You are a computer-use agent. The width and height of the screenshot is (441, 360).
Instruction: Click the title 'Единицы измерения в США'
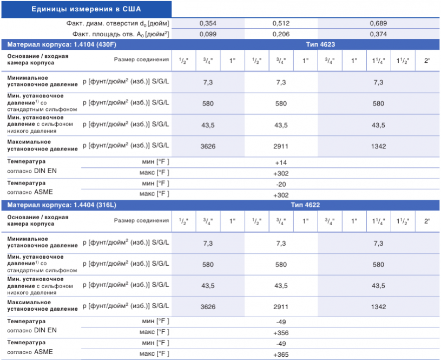(x=86, y=9)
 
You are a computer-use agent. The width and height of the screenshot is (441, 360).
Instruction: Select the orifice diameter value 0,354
(x=208, y=23)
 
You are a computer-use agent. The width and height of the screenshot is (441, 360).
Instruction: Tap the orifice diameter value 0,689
(x=378, y=23)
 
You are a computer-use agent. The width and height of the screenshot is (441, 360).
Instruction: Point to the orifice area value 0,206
(x=281, y=34)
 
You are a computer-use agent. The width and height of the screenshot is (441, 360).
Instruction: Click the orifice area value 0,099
(x=208, y=34)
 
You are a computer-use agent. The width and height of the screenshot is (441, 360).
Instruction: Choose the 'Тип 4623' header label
(x=320, y=44)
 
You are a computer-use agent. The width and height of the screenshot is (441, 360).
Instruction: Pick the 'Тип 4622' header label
(x=305, y=205)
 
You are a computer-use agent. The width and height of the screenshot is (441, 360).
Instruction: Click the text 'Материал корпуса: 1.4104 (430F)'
(x=62, y=44)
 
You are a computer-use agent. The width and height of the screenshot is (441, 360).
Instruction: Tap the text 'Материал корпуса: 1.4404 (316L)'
(x=62, y=205)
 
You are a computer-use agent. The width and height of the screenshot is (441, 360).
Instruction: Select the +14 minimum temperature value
(x=281, y=163)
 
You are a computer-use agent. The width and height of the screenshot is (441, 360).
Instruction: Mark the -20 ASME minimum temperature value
(x=281, y=185)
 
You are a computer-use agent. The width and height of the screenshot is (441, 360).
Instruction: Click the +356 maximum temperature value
(x=281, y=333)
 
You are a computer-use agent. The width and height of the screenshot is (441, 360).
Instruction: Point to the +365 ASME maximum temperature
(x=281, y=355)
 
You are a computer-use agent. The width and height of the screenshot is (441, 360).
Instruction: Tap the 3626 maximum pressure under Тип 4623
(x=208, y=146)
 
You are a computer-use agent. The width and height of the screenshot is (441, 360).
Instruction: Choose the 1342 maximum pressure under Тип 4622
(x=378, y=307)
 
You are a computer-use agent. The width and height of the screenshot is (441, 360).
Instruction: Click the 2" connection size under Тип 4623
(x=427, y=61)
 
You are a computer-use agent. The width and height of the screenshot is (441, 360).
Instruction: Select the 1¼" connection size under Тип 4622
(x=379, y=221)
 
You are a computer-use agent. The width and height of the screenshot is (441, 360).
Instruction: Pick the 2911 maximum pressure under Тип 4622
(x=281, y=307)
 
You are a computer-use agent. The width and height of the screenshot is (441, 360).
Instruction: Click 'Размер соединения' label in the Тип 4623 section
(x=141, y=60)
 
